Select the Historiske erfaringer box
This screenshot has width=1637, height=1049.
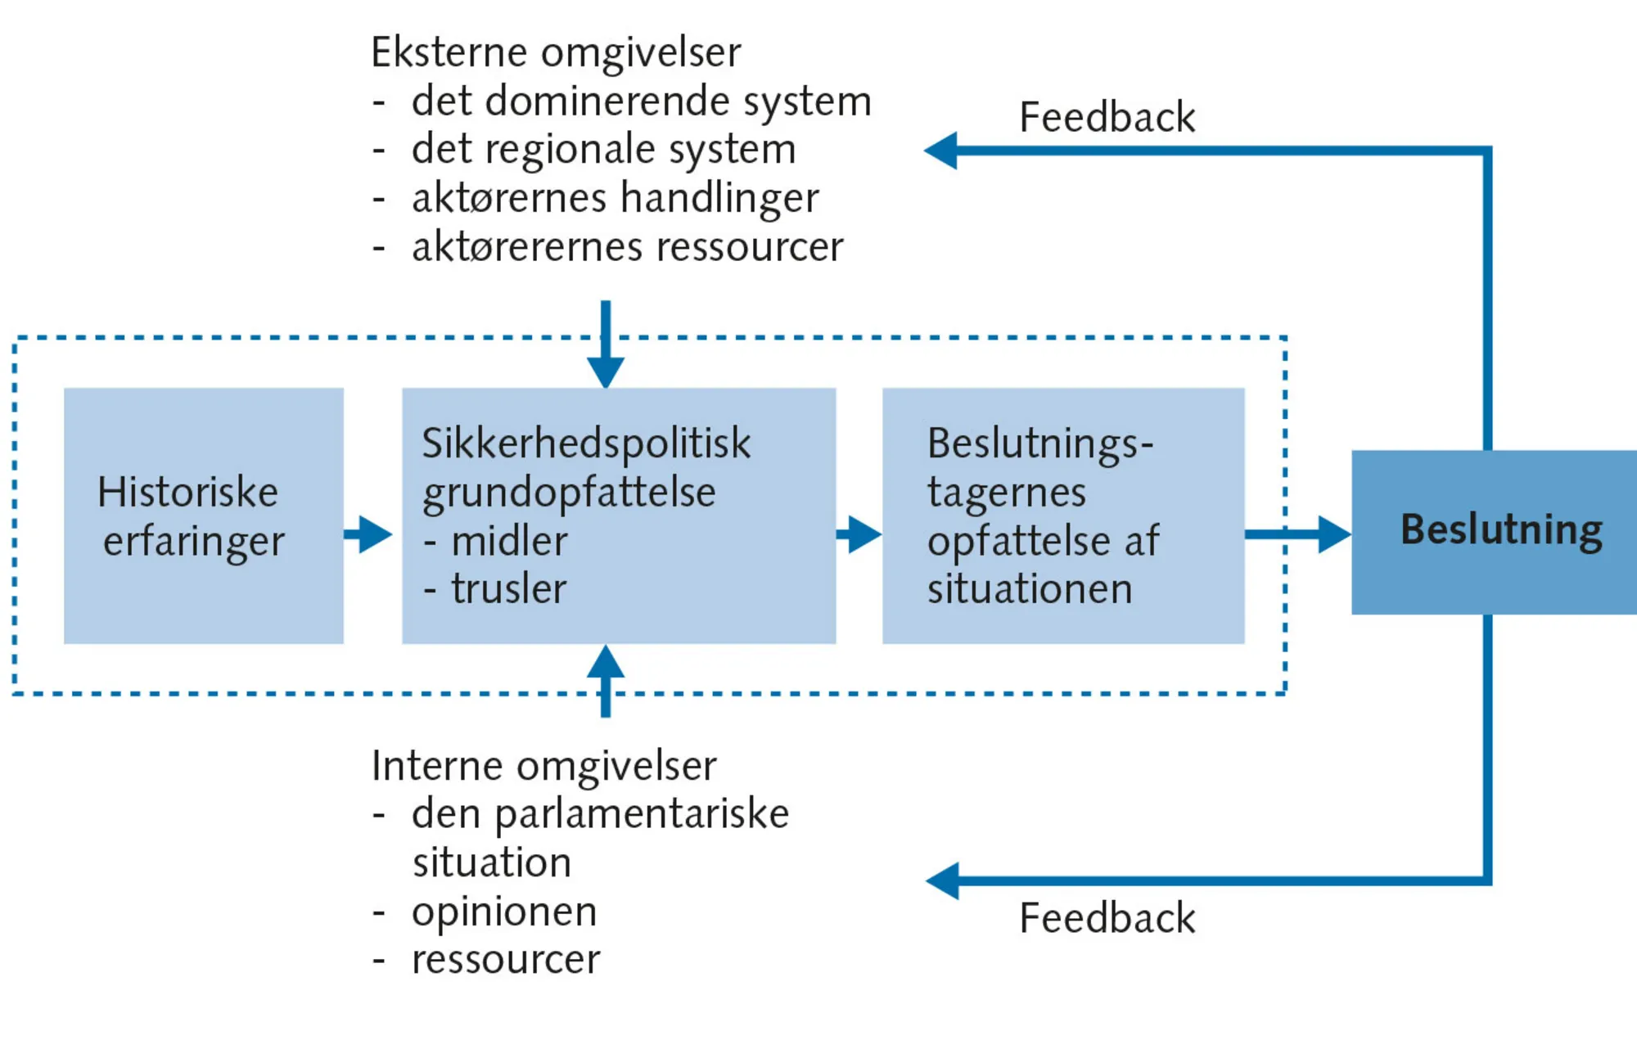(203, 515)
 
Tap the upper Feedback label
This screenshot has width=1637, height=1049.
(1106, 117)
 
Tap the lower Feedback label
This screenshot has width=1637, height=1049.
(1106, 918)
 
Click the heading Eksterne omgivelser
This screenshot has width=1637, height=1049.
(556, 52)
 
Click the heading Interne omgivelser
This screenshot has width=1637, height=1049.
(543, 766)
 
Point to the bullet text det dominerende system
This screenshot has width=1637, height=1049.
(641, 101)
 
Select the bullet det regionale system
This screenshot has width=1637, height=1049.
(603, 150)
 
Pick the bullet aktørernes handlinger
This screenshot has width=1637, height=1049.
(615, 198)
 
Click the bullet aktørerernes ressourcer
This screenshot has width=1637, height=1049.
(627, 247)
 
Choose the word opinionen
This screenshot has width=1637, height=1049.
(504, 912)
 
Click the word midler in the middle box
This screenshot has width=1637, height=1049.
(509, 542)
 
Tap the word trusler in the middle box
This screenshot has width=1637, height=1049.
(508, 589)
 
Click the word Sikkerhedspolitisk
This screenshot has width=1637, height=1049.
(586, 443)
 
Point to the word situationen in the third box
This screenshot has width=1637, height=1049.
(1029, 589)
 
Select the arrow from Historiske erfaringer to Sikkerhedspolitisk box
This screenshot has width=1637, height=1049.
(370, 534)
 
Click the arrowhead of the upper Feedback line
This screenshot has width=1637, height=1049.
(942, 151)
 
